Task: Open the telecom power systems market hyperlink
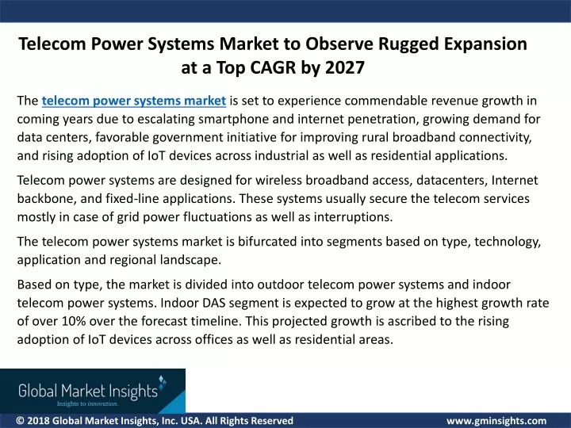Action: (x=134, y=101)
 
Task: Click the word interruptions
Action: (x=353, y=217)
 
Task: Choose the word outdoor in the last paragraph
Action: (x=281, y=285)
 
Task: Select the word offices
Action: (x=214, y=339)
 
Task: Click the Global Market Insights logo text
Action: (x=88, y=391)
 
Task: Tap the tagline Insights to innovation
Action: (x=87, y=403)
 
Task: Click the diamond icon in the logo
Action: (x=163, y=382)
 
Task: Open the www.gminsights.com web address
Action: (x=496, y=421)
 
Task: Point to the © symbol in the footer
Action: (x=20, y=421)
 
